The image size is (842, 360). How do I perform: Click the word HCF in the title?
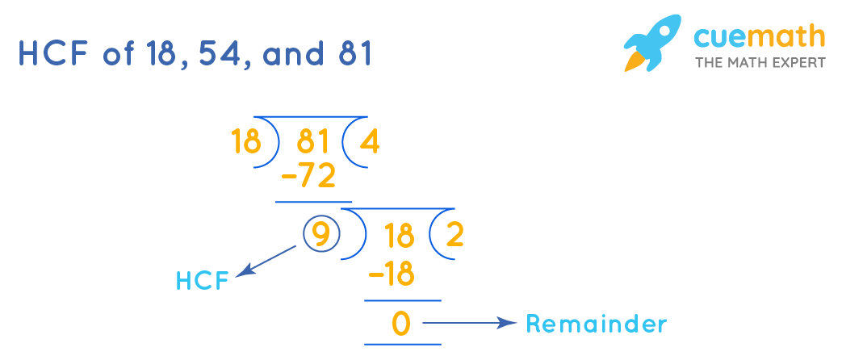tap(55, 54)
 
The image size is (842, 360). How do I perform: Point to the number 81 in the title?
tap(354, 54)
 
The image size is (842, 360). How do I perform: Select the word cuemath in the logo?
tap(759, 36)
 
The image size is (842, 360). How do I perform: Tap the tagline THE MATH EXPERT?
tap(760, 62)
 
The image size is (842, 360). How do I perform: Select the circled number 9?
tap(320, 235)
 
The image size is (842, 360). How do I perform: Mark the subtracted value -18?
tap(391, 275)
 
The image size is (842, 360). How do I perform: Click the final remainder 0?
tap(401, 324)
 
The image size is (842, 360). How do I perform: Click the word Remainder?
tap(597, 324)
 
